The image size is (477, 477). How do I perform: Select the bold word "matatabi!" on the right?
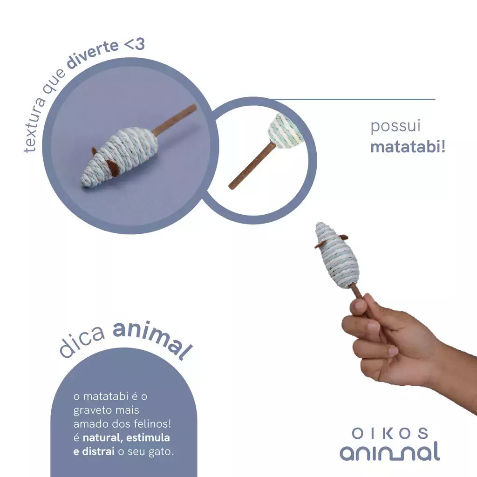point(408,147)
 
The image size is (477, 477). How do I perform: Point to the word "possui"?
point(395,126)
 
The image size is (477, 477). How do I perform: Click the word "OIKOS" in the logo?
point(390,433)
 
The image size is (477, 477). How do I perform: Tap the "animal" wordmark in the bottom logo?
point(390,451)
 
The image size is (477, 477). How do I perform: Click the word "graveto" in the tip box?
point(91,410)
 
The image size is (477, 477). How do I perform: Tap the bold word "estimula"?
point(148,437)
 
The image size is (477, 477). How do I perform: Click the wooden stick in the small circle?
point(252,166)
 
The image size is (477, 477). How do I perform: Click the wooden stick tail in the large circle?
point(174,120)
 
